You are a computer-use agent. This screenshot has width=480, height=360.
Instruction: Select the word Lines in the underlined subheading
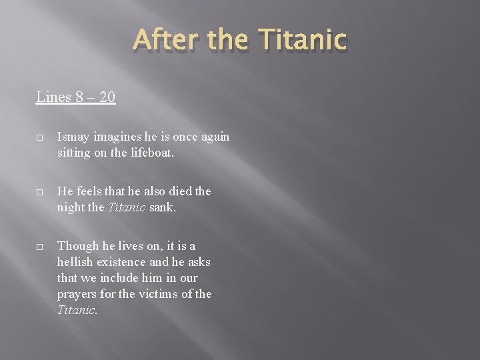[x=53, y=97]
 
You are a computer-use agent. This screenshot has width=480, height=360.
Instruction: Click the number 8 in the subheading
[x=79, y=97]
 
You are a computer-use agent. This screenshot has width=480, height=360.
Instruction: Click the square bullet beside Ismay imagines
[x=40, y=137]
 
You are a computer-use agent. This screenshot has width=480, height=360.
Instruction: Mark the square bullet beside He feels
[x=40, y=192]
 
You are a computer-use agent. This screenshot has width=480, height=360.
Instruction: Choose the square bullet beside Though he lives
[x=40, y=247]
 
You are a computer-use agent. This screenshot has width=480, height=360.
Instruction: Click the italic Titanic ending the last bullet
[x=77, y=309]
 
